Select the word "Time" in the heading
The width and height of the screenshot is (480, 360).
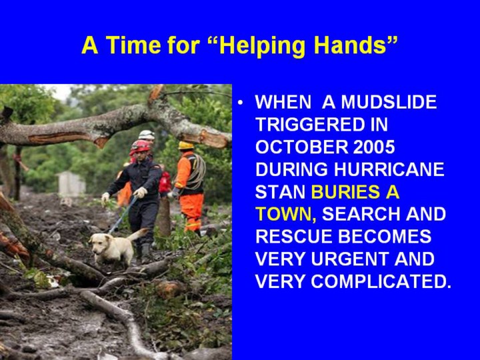pos(134,45)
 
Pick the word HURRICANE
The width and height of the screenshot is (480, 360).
pos(389,169)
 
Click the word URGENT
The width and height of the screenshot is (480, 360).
pos(350,259)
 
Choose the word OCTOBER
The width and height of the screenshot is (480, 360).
pos(301,147)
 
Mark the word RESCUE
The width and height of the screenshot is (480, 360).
pos(293,237)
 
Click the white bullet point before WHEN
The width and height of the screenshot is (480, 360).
pos(241,102)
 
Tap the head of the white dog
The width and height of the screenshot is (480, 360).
pos(100,243)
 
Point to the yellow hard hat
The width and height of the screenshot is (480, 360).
pos(186,145)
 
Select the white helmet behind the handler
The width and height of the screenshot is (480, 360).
pos(147,135)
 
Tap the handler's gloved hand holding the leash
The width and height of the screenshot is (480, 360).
pos(140,192)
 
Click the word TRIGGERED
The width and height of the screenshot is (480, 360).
pos(321,125)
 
